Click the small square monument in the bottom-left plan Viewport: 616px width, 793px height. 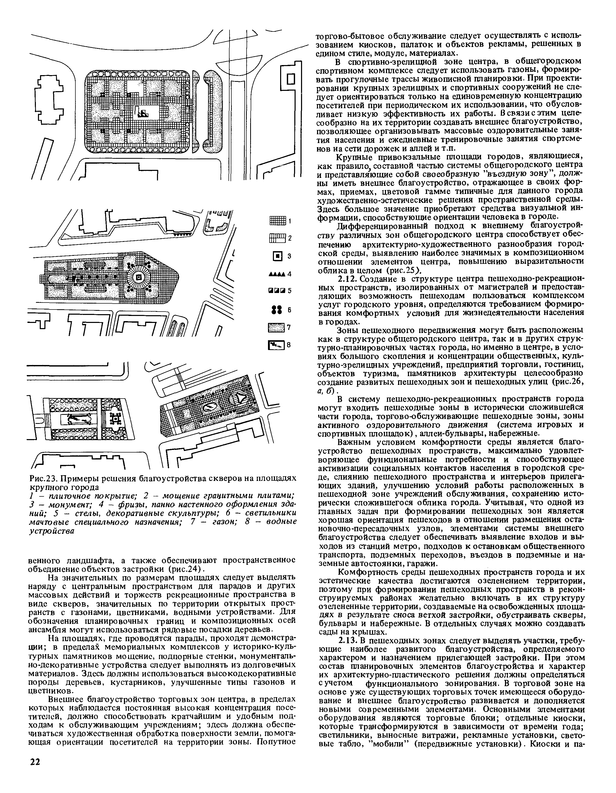(115, 419)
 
